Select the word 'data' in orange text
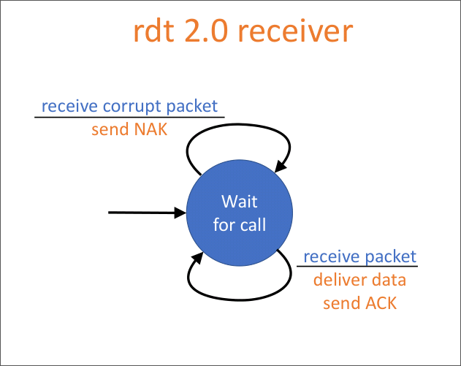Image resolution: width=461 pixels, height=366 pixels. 388,280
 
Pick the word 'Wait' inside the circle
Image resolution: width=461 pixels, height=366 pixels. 240,201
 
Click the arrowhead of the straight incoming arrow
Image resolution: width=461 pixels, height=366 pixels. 181,213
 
